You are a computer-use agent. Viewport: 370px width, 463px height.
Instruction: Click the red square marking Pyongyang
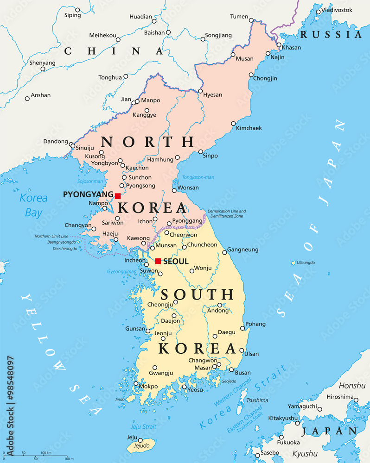coord(118,196)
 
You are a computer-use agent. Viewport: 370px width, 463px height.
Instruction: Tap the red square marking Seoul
coord(158,261)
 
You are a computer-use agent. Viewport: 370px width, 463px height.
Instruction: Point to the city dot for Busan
coord(231,369)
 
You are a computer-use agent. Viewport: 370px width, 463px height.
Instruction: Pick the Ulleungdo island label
coord(306,263)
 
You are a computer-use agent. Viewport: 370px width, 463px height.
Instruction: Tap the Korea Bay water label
coord(33,205)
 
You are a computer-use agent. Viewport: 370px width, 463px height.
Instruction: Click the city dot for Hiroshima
coord(356,400)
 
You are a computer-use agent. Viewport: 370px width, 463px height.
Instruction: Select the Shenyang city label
coord(42,63)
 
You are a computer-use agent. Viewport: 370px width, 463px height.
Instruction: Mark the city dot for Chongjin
coord(251,75)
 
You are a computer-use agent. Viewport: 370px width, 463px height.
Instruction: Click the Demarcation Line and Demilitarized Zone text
coord(227,213)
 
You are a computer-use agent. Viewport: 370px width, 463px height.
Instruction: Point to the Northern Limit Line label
coord(52,236)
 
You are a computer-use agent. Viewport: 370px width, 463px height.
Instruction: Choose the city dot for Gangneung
coord(224,252)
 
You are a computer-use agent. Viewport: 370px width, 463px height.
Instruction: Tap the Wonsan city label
coord(188,188)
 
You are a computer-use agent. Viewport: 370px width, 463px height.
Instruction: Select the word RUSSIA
coord(331,34)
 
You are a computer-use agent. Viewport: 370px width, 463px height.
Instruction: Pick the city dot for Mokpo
coord(136,383)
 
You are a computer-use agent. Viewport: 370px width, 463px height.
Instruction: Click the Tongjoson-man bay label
coord(198,177)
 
